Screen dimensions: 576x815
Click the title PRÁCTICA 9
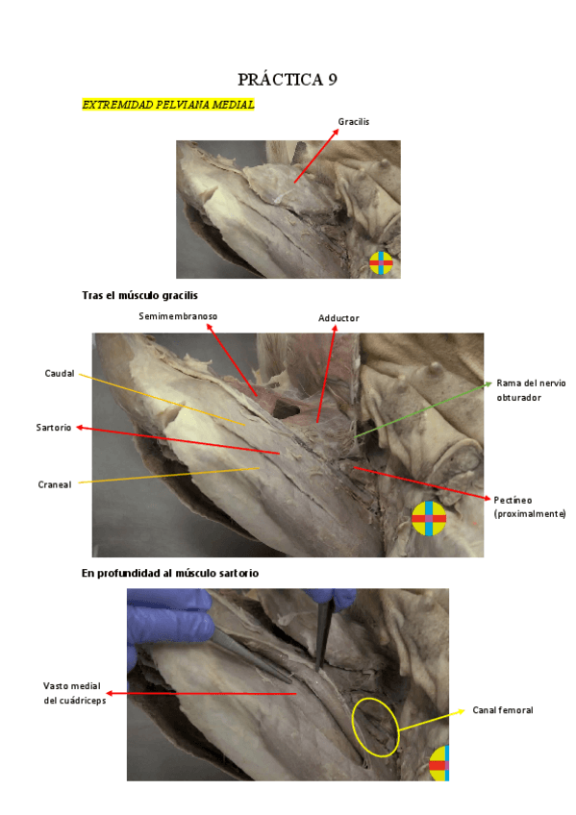(288, 80)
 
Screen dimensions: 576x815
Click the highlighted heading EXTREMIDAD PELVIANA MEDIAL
(168, 105)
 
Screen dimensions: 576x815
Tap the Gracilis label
(354, 122)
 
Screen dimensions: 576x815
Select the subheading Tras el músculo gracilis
(139, 295)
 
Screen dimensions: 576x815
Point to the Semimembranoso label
(178, 316)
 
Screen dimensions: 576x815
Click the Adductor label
(338, 318)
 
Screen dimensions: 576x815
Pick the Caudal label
(60, 373)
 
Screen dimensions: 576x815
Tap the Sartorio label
(54, 428)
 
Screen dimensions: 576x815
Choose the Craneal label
(55, 484)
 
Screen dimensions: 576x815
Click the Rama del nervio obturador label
(531, 390)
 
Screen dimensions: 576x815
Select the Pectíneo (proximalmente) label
(529, 506)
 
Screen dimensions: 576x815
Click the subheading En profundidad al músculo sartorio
(170, 574)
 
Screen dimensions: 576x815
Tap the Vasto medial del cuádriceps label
(74, 693)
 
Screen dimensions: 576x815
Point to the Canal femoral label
(503, 710)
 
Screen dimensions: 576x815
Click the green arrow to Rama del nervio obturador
(423, 410)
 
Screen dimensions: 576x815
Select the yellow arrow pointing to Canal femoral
(432, 721)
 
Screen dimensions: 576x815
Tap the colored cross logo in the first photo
(381, 263)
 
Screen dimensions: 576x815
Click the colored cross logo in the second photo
(429, 518)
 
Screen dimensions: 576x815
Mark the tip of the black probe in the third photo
(317, 671)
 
